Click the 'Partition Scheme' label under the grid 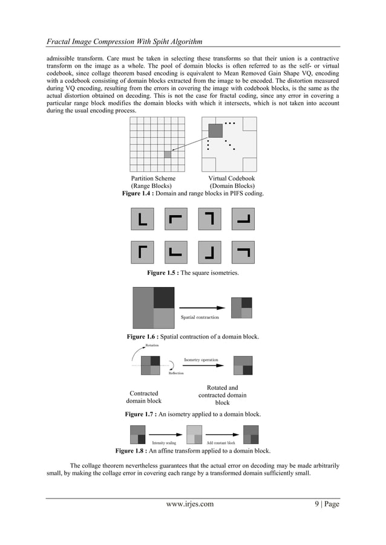pyautogui.click(x=154, y=179)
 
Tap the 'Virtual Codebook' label pyautogui.click(x=231, y=179)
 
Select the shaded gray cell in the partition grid pyautogui.click(x=168, y=155)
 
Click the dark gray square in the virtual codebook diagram pyautogui.click(x=215, y=131)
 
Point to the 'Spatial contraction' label pyautogui.click(x=200, y=317)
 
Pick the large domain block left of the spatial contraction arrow pyautogui.click(x=154, y=308)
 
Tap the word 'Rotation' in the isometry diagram pyautogui.click(x=152, y=346)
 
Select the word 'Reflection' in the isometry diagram pyautogui.click(x=176, y=373)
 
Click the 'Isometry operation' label pyautogui.click(x=201, y=360)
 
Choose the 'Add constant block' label pyautogui.click(x=221, y=443)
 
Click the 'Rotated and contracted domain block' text pyautogui.click(x=223, y=395)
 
